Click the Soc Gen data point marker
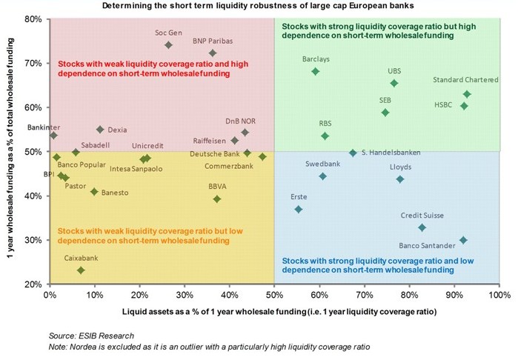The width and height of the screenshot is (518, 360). (168, 45)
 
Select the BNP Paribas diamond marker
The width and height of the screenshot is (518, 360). (213, 53)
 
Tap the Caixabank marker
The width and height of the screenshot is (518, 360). (81, 270)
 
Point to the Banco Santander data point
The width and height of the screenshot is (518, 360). (463, 240)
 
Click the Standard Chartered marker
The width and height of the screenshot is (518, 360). (467, 94)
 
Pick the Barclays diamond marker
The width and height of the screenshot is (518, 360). (315, 72)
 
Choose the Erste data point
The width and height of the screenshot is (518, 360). (299, 210)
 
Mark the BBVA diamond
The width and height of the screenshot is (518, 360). (217, 199)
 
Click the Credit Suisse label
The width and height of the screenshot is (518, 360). (422, 216)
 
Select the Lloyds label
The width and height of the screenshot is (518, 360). (400, 167)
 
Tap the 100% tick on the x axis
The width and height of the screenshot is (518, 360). (498, 295)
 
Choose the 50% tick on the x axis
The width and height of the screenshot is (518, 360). (273, 295)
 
